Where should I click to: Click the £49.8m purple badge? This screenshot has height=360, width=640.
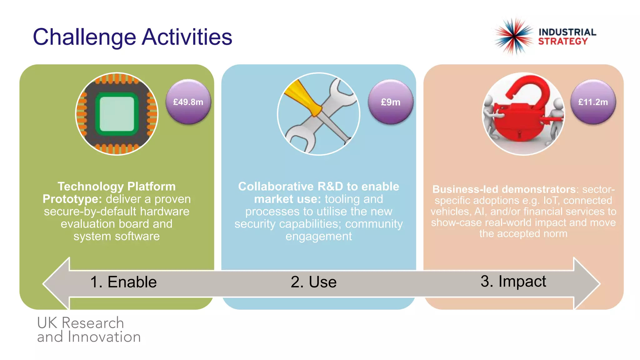click(x=188, y=102)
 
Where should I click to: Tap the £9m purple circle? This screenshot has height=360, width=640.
click(x=390, y=102)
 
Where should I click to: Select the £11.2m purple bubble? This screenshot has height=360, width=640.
click(x=593, y=102)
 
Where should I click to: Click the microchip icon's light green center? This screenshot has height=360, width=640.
click(x=117, y=114)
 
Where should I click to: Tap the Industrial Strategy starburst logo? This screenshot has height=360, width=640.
click(x=514, y=36)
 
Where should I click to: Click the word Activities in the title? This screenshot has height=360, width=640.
click(x=187, y=37)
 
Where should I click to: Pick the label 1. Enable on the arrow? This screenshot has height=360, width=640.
click(x=123, y=282)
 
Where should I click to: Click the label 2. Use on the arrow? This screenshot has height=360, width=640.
click(x=313, y=282)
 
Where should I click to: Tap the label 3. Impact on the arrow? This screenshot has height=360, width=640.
click(x=513, y=281)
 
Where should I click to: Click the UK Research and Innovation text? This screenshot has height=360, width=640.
click(x=88, y=330)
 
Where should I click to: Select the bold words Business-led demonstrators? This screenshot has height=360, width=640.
click(x=504, y=189)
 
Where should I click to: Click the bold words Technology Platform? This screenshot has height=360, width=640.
click(x=117, y=187)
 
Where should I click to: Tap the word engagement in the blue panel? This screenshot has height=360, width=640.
click(x=318, y=237)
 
